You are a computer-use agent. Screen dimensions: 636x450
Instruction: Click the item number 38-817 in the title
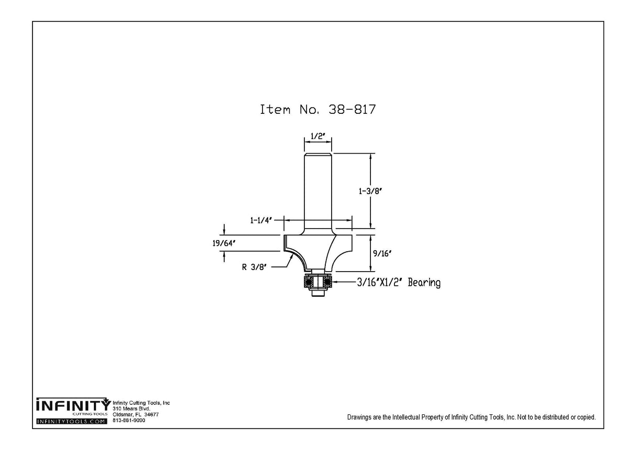click(352, 110)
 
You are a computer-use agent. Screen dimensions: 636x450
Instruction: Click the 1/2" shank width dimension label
click(317, 136)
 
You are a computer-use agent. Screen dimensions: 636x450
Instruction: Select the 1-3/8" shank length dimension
click(370, 191)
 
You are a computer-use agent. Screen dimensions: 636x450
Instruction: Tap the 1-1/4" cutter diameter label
click(261, 220)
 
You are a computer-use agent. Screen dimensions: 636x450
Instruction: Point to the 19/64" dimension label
click(224, 243)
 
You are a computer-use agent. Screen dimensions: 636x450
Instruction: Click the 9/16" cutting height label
click(382, 253)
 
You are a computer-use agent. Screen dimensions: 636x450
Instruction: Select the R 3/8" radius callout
click(254, 267)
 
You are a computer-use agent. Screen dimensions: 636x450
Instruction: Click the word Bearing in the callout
click(424, 283)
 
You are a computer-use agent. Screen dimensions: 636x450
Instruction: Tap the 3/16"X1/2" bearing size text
click(380, 283)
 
